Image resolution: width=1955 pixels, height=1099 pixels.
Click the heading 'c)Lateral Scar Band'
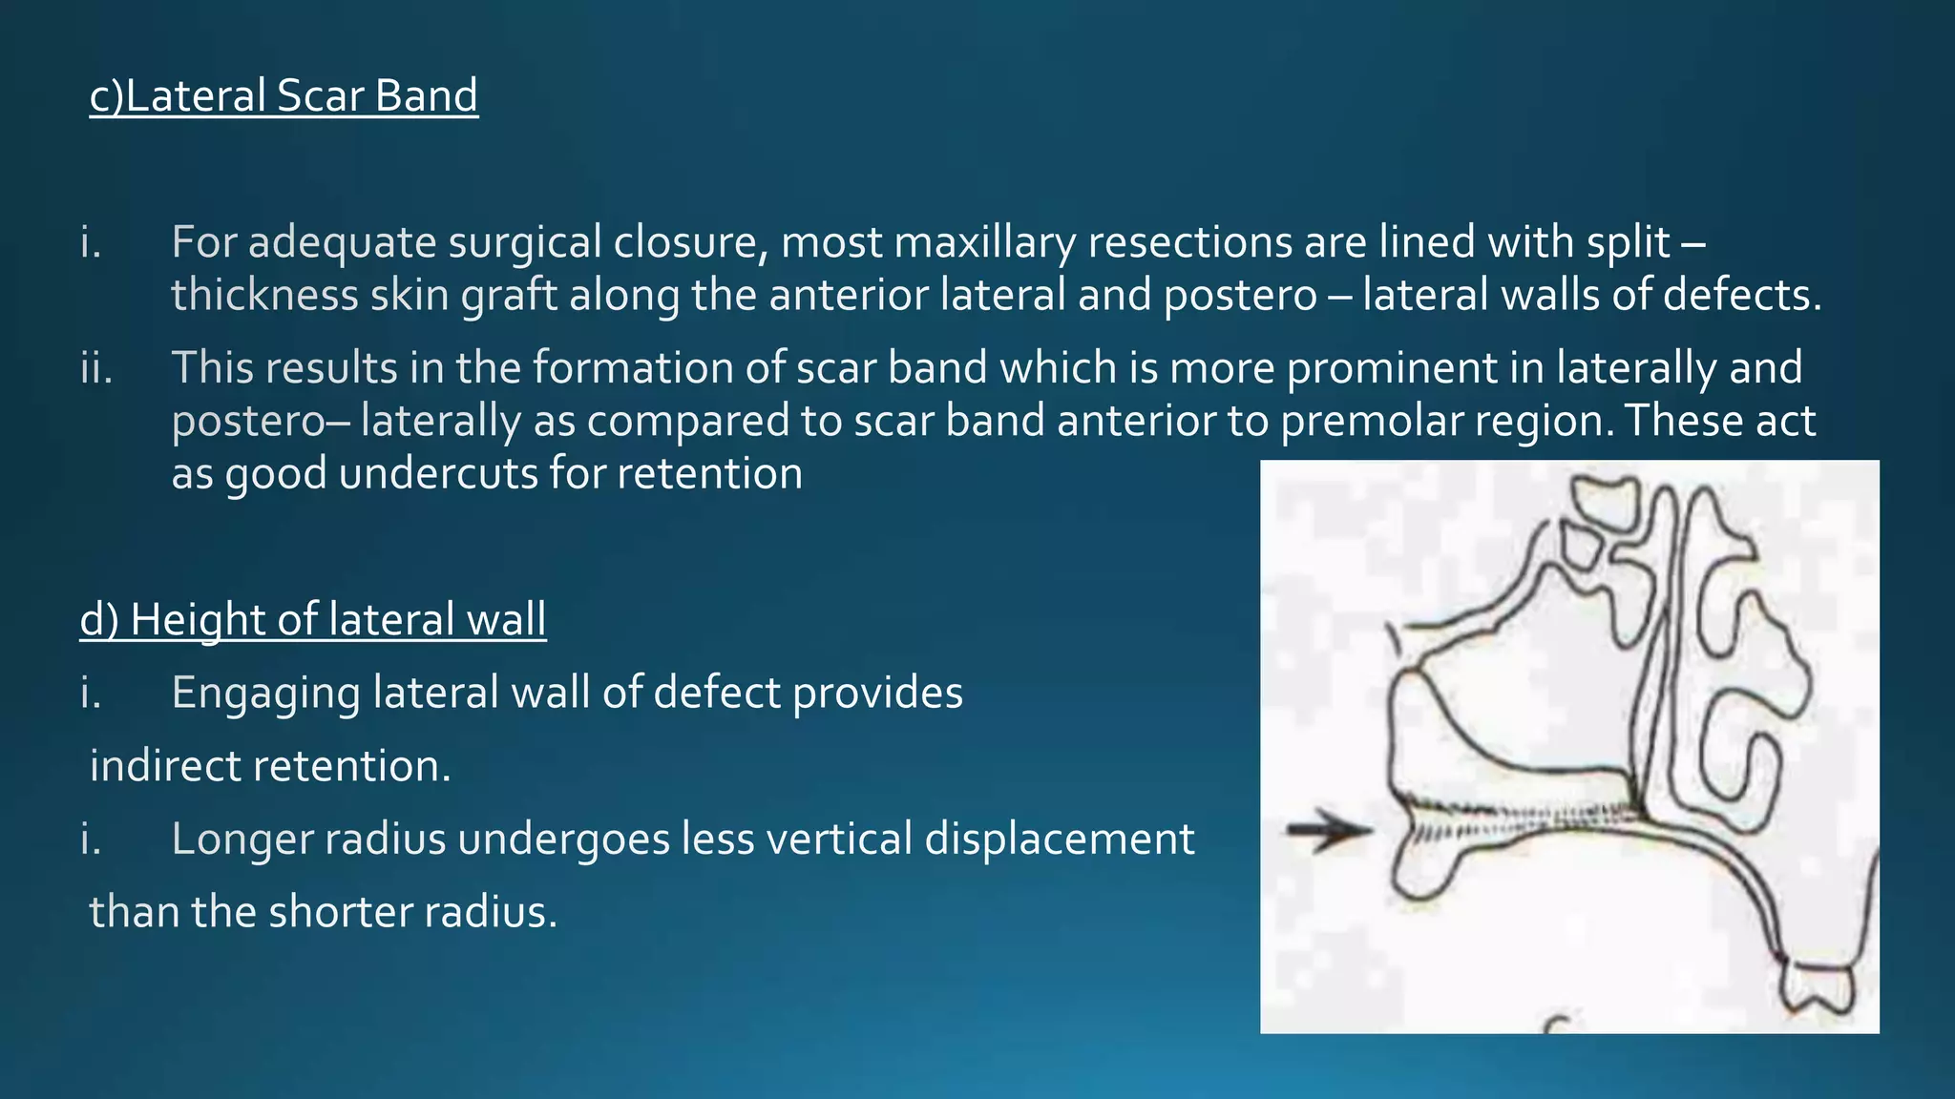click(x=284, y=96)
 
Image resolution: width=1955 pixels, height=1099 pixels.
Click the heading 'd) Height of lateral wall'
click(x=313, y=620)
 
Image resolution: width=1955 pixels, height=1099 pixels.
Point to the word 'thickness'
click(x=264, y=295)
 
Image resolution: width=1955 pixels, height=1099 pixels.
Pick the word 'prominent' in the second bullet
click(x=1391, y=368)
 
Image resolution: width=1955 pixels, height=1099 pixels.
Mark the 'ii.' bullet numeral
click(x=96, y=368)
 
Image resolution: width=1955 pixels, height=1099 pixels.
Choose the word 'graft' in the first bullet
click(x=509, y=295)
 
